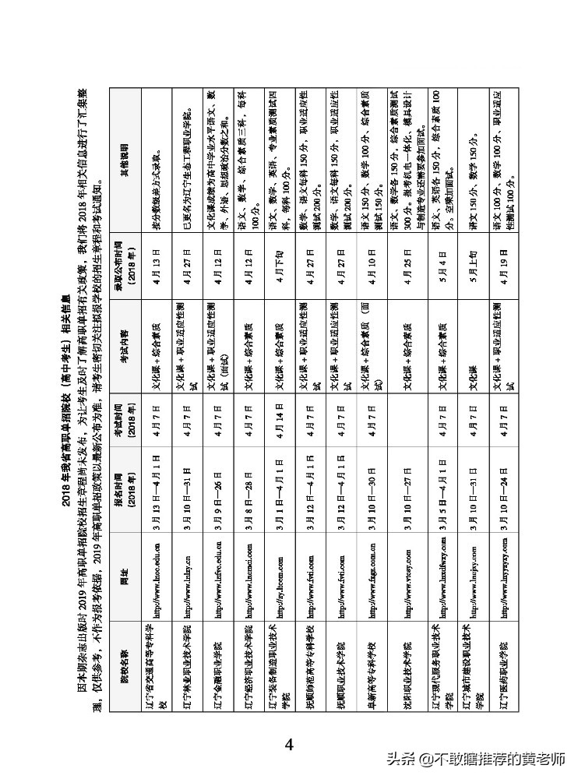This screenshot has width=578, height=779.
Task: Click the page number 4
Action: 289,745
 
